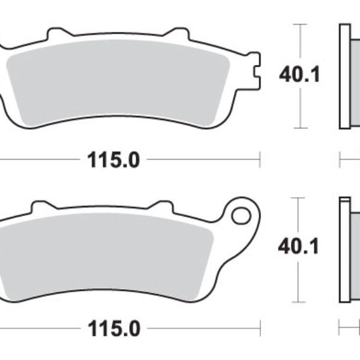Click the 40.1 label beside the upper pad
299,76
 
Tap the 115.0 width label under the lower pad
113,329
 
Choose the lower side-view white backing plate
344,246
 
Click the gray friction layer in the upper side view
355,76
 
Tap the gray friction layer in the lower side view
355,246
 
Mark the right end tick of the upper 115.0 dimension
259,160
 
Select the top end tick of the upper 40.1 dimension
299,25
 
